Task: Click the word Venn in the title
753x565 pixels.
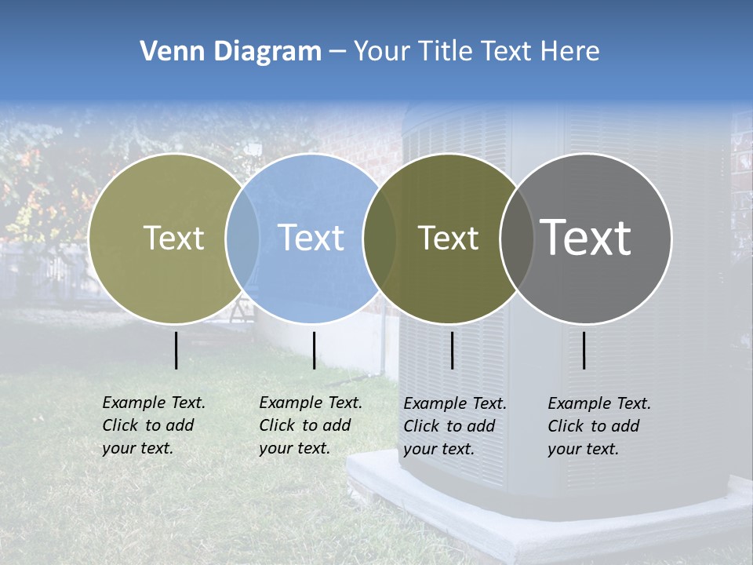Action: coord(168,52)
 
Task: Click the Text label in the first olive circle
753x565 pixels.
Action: coord(173,238)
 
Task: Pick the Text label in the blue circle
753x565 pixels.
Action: coord(311,238)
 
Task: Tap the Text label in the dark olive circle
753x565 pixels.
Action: coord(448,238)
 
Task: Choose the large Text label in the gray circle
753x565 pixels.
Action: coord(585,238)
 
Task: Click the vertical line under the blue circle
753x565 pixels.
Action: coord(314,350)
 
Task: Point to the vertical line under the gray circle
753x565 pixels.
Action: coord(584,350)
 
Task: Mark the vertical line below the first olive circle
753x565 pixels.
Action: coord(176,350)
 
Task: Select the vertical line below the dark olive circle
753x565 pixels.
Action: coord(453,350)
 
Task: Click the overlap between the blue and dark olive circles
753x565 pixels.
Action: coord(380,238)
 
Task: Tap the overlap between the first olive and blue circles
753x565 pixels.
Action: coord(242,238)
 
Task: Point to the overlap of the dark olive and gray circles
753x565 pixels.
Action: coord(517,238)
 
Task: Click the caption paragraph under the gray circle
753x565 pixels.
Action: coord(598,426)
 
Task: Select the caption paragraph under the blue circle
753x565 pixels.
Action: coord(310,425)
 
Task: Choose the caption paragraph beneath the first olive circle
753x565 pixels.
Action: coord(153,425)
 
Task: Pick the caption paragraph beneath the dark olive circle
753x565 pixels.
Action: coord(454,426)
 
